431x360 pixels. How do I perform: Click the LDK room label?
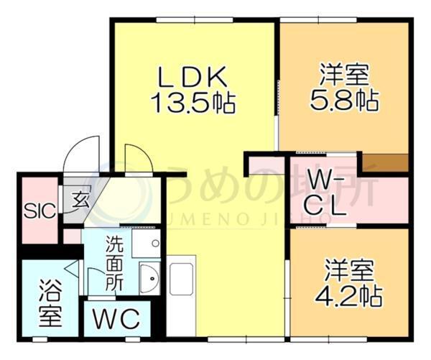pyautogui.click(x=193, y=76)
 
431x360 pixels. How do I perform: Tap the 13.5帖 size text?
pyautogui.click(x=193, y=103)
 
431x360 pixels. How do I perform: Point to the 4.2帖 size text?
pyautogui.click(x=347, y=296)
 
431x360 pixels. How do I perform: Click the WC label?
pyautogui.click(x=116, y=319)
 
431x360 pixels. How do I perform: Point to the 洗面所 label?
pyautogui.click(x=115, y=262)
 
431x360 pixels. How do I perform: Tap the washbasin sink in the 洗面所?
pyautogui.click(x=149, y=278)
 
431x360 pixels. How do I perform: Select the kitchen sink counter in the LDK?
pyautogui.click(x=181, y=287)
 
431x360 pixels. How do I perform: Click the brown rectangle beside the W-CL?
pyautogui.click(x=384, y=162)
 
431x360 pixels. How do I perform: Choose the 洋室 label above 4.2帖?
pyautogui.click(x=347, y=272)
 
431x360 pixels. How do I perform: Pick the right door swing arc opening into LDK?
pyautogui.click(x=137, y=158)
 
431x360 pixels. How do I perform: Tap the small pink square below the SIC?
pyautogui.click(x=72, y=236)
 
